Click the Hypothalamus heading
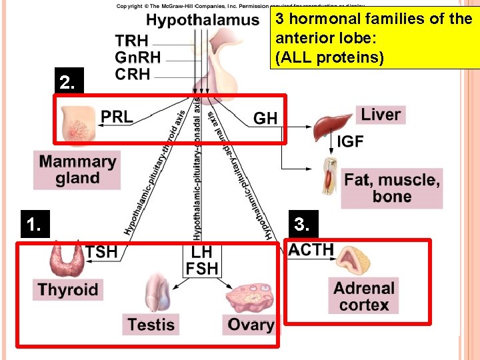coord(203,20)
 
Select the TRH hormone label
coord(132,41)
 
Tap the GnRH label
coord(137,58)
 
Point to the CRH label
coord(133,75)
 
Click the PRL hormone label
coord(117,117)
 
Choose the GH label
coord(265,119)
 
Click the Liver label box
coord(381,115)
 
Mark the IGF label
coord(351,141)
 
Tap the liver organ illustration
coord(331,124)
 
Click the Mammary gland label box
coord(77,170)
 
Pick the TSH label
coord(102,252)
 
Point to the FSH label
coord(202,269)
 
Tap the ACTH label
coord(311,250)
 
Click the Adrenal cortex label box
coord(364,297)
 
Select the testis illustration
coord(159,291)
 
